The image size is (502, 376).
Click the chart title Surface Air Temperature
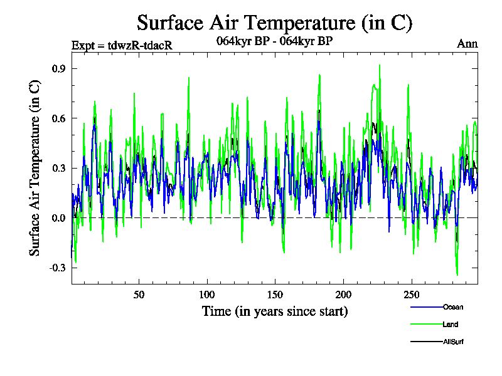click(x=274, y=23)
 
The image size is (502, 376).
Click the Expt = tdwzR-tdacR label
click(x=122, y=45)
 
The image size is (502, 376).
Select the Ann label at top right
click(x=467, y=44)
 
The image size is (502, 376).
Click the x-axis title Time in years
click(x=275, y=311)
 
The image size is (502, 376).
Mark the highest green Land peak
click(x=379, y=65)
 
